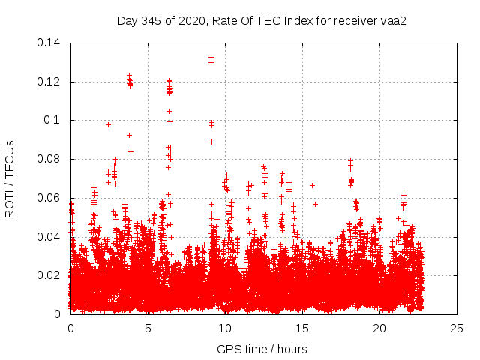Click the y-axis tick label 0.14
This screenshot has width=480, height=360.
[x=49, y=43]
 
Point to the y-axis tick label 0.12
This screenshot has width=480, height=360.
[x=49, y=82]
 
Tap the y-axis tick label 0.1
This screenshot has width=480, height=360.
[x=52, y=120]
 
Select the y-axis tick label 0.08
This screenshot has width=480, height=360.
[x=49, y=159]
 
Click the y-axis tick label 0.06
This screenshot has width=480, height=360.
[x=49, y=198]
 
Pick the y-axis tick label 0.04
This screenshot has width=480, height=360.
[x=49, y=237]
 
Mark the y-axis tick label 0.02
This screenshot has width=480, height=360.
[x=49, y=275]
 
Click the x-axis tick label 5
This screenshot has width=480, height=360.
[x=148, y=328]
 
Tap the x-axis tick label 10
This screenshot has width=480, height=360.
[x=225, y=328]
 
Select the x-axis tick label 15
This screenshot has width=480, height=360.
[x=302, y=328]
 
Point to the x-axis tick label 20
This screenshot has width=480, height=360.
[x=379, y=328]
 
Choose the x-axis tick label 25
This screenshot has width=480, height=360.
[x=457, y=328]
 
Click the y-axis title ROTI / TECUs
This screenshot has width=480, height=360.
[x=10, y=178]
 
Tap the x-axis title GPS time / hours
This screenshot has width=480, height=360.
[x=262, y=349]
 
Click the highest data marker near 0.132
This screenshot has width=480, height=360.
[x=211, y=58]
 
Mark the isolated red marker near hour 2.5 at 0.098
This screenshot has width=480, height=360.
[x=109, y=124]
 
